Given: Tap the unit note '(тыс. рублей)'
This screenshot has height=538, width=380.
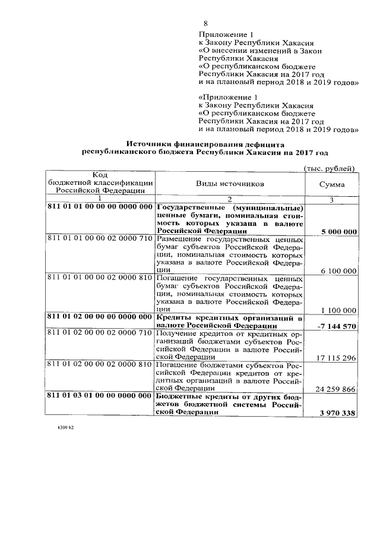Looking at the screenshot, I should [329, 168].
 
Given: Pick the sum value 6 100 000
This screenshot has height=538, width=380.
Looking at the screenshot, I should [338, 270].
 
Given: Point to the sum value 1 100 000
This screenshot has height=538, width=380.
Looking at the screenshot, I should [338, 310].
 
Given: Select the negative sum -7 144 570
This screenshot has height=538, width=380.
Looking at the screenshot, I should [337, 326].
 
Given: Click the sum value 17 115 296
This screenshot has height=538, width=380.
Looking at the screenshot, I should [336, 357].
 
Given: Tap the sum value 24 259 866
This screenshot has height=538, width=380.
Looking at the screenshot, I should [336, 388].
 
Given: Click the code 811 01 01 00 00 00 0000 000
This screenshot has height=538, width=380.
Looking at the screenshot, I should [100, 207].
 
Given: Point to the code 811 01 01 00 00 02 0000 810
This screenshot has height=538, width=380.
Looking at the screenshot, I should [100, 278].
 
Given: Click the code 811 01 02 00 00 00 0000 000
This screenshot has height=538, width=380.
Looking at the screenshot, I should [100, 317].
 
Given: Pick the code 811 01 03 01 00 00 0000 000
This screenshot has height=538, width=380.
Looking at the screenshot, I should [100, 395].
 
